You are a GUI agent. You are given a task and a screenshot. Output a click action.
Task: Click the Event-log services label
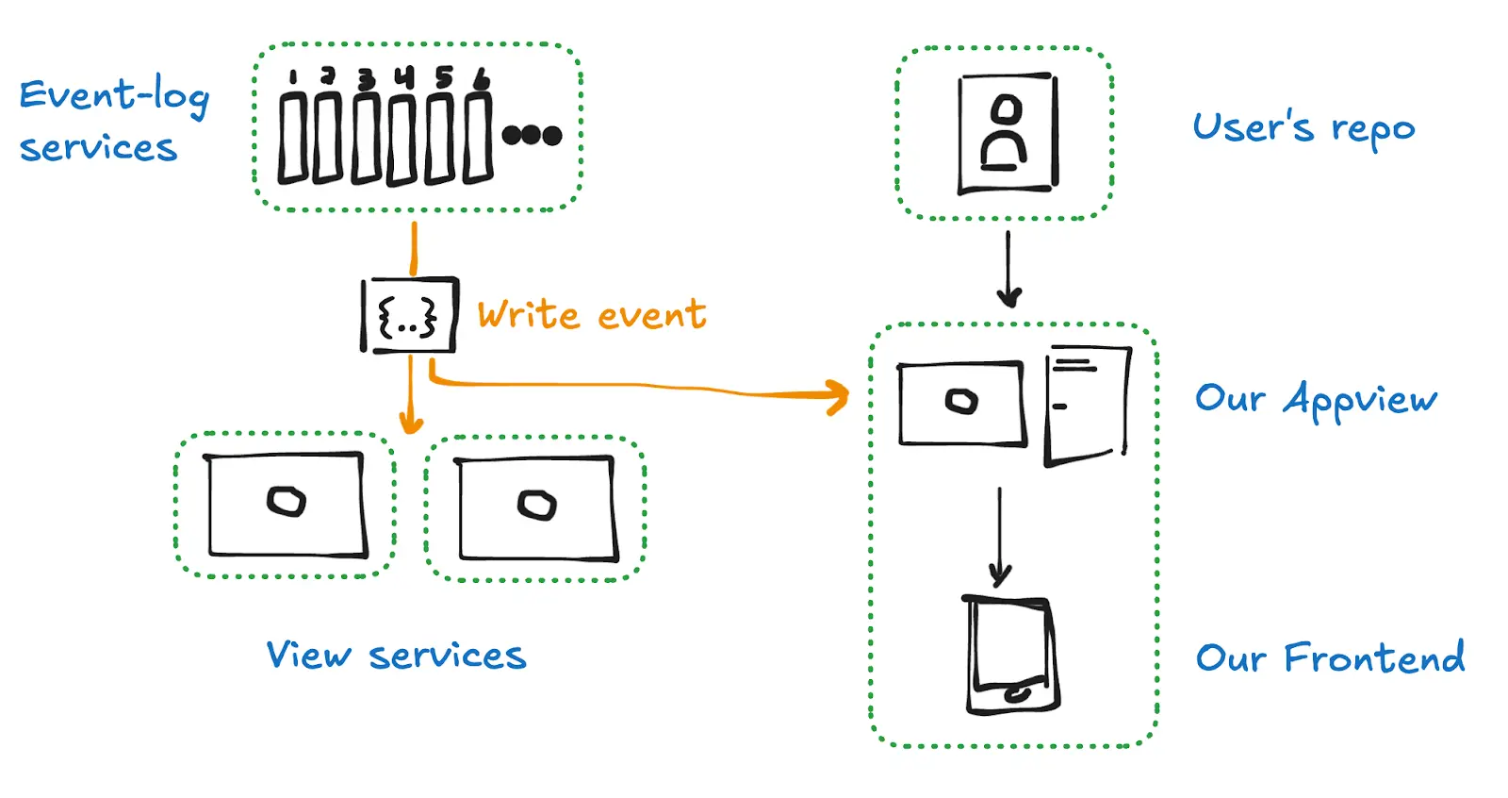click(113, 121)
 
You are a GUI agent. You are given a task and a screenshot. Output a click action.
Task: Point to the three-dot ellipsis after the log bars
click(532, 135)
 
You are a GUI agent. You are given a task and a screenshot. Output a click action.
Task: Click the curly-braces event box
click(409, 315)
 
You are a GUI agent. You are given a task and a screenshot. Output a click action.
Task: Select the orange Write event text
click(591, 315)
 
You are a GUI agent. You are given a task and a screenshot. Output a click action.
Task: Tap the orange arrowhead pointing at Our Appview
click(837, 397)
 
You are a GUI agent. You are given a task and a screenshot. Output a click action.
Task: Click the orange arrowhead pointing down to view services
click(410, 422)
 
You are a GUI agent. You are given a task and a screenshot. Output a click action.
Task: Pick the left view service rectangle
click(287, 505)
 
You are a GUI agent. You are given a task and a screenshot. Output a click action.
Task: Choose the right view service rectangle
click(536, 508)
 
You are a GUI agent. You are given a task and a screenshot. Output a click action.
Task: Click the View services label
click(396, 655)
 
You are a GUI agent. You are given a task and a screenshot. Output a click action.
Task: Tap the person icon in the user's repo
click(1007, 133)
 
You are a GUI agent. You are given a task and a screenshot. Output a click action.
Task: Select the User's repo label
click(1303, 127)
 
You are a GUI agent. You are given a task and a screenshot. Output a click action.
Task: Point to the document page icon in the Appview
click(1088, 404)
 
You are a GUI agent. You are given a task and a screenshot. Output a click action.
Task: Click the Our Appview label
click(1316, 399)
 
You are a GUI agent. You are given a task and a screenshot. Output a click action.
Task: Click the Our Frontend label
click(1330, 657)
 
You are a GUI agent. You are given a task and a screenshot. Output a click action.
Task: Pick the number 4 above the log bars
click(405, 76)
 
